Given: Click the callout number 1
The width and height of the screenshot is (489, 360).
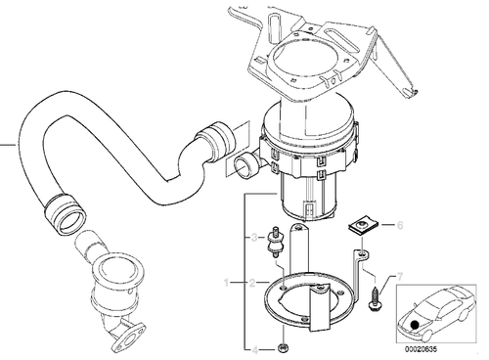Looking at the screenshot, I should (226, 283).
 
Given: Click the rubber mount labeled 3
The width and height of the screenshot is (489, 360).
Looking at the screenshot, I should (280, 238).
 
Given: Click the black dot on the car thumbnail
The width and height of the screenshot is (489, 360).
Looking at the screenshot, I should (418, 325).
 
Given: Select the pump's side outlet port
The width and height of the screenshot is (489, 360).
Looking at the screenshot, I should (244, 165).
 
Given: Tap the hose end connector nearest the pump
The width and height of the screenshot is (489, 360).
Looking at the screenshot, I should (212, 136).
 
